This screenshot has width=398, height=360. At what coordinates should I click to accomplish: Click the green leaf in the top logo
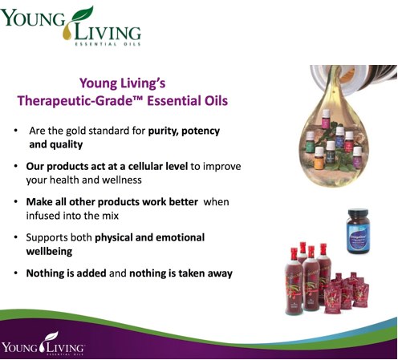(x=83, y=14)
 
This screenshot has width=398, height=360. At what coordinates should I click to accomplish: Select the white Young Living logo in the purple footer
(x=43, y=344)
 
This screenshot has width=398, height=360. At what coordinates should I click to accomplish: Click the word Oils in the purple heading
(x=214, y=101)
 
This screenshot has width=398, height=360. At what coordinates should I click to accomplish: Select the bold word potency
(x=201, y=131)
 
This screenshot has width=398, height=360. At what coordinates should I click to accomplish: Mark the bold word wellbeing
(x=49, y=252)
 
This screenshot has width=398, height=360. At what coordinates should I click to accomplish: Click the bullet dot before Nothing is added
(x=16, y=273)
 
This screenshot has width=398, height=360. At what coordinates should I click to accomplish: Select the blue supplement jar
(x=358, y=231)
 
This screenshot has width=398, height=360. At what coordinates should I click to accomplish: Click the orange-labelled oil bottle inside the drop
(x=319, y=158)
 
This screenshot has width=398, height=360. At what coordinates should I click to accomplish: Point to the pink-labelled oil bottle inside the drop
(x=326, y=119)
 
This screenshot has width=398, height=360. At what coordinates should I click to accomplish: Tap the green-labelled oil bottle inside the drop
(x=310, y=142)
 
